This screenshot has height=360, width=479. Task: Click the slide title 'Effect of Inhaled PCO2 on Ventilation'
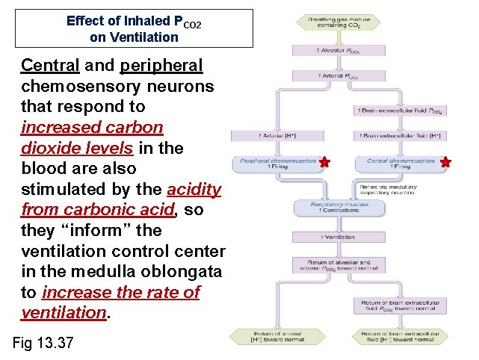point(134,28)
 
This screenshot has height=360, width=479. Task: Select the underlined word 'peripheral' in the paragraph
point(161,66)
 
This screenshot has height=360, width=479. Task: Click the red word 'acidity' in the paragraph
point(194,189)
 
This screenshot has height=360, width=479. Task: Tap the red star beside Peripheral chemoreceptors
point(324,161)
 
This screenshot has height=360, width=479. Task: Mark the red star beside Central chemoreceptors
point(446,161)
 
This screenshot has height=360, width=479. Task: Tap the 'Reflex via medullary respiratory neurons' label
point(395,188)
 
